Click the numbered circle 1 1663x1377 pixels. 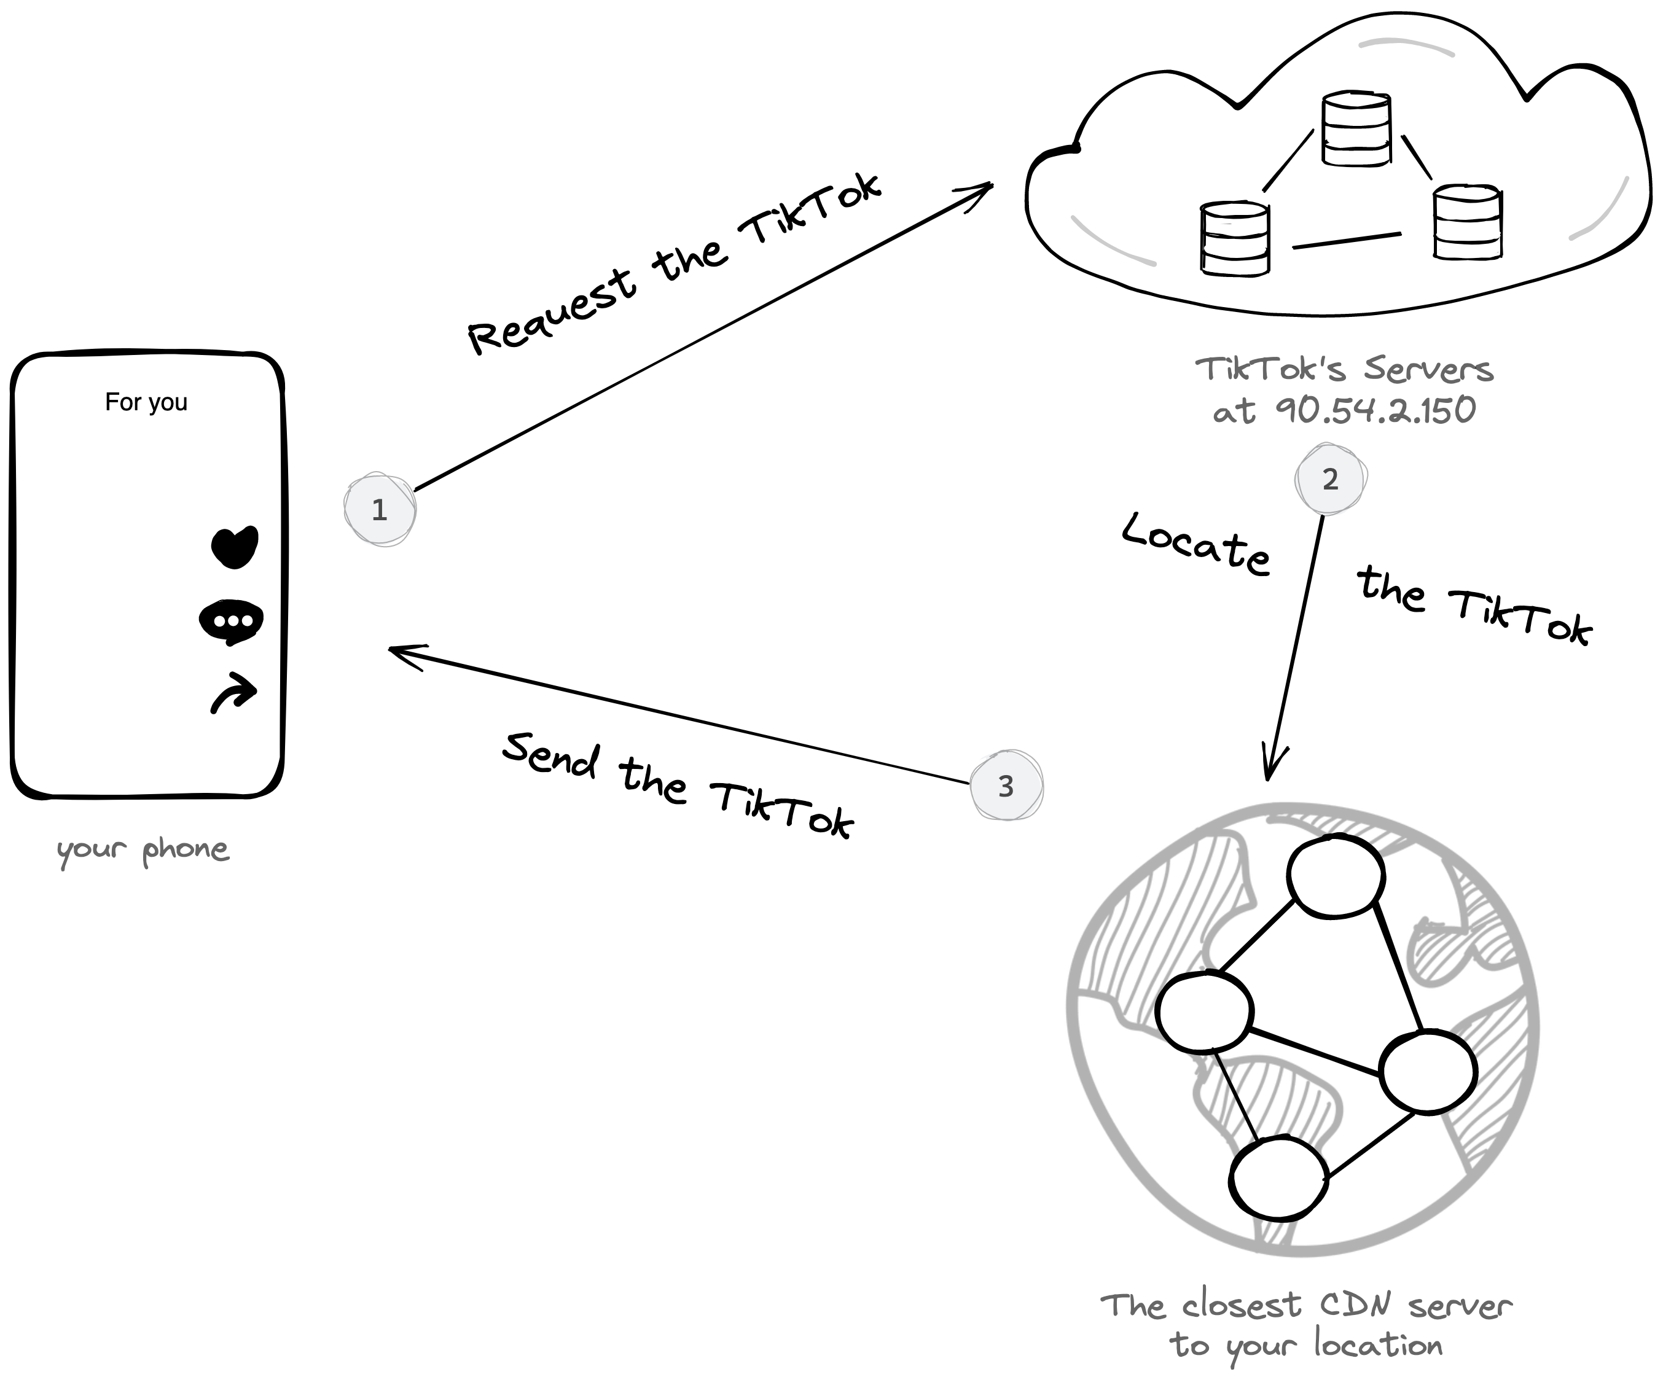(x=379, y=509)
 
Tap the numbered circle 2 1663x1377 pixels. (x=1331, y=479)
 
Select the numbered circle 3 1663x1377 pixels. (x=1006, y=786)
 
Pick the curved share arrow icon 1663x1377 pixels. (x=233, y=693)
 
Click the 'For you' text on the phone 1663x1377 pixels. (x=146, y=402)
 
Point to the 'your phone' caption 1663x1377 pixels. (x=143, y=849)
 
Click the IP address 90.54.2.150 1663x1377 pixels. (x=1376, y=410)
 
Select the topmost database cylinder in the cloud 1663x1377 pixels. (x=1356, y=129)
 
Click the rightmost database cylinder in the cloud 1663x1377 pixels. (x=1468, y=222)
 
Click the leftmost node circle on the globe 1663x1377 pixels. (x=1203, y=1012)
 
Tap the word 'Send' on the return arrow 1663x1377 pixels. (x=551, y=755)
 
